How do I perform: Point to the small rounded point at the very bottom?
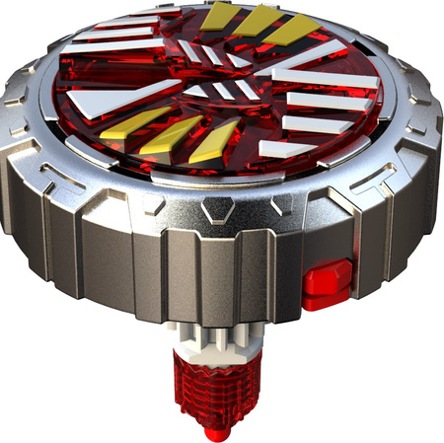tap(219, 432)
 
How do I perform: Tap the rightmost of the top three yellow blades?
tap(294, 32)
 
